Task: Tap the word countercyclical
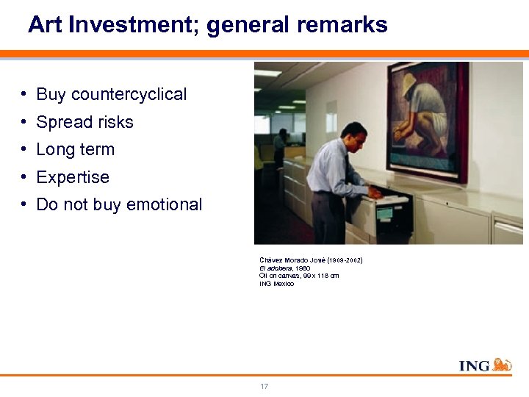112,94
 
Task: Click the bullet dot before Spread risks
25,121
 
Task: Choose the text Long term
75,149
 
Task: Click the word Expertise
72,177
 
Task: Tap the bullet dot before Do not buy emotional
25,204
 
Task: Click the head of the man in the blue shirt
354,135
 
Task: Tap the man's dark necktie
347,169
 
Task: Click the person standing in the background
280,147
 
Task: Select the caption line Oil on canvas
298,276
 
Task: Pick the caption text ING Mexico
276,284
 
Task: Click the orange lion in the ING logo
502,365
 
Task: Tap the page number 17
264,387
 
